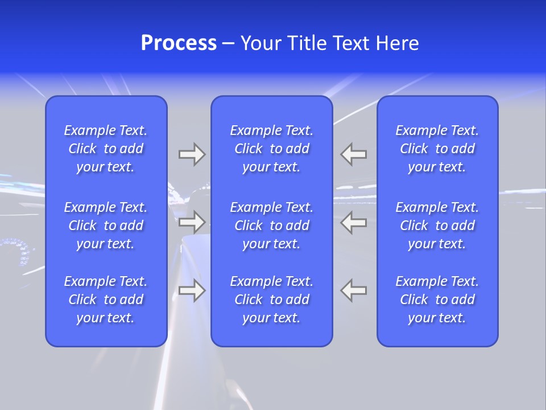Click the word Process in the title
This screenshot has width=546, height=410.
click(x=179, y=43)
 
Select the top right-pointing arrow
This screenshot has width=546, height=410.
click(x=192, y=154)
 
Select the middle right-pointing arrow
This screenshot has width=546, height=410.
click(x=192, y=222)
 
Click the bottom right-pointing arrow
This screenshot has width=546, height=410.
click(x=192, y=290)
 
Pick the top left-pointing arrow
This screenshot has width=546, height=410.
click(x=354, y=154)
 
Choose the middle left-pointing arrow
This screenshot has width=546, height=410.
click(x=354, y=222)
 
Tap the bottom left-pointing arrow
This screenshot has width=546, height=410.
click(x=354, y=290)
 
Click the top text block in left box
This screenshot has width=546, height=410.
click(x=106, y=149)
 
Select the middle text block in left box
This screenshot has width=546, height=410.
click(x=106, y=225)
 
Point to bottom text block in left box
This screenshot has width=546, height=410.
click(x=106, y=300)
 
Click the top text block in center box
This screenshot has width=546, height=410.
click(x=271, y=149)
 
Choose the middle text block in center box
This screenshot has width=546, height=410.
click(x=271, y=225)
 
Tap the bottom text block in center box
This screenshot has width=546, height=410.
click(x=271, y=300)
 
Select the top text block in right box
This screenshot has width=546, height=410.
click(x=437, y=149)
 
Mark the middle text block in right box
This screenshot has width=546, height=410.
click(x=437, y=225)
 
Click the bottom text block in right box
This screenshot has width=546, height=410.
click(x=437, y=300)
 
